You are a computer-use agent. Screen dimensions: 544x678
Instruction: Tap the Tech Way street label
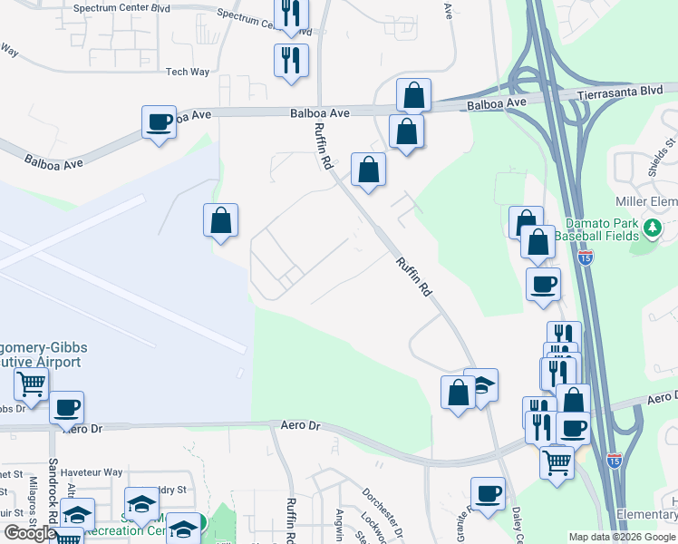point(188,72)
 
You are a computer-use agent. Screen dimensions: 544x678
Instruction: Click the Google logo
point(30,533)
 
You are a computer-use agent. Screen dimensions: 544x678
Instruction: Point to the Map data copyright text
point(621,537)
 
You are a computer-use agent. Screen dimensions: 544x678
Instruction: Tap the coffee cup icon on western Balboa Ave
point(160,123)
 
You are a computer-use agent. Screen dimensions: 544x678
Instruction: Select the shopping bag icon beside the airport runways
point(220,220)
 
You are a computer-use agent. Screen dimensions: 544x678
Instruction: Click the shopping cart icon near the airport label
point(31,384)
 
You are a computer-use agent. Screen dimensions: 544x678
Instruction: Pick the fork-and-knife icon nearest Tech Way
point(291,61)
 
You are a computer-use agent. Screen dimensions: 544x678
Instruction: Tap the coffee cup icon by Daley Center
point(488,494)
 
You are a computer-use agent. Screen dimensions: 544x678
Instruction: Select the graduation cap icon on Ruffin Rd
point(482,384)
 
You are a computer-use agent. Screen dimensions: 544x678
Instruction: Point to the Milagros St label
point(34,500)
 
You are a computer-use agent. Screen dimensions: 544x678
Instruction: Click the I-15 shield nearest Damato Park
point(586,257)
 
